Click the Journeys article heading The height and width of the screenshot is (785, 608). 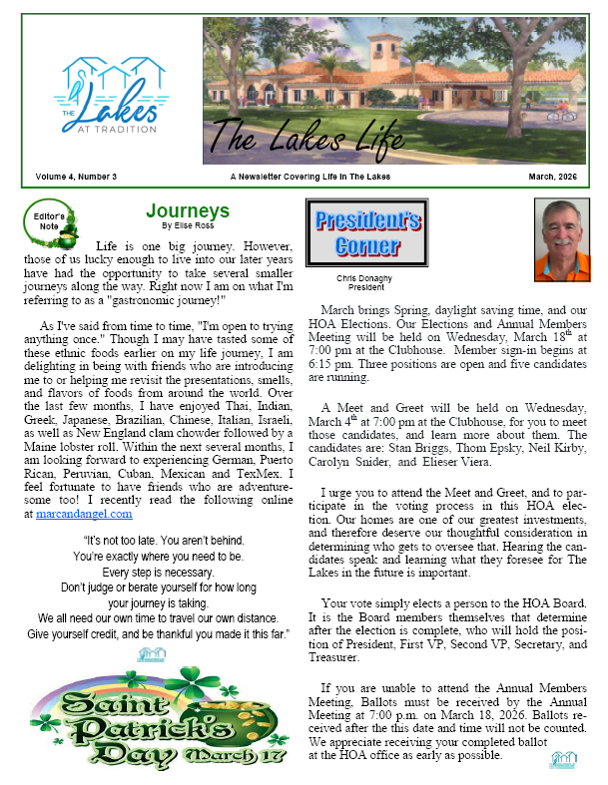(x=188, y=211)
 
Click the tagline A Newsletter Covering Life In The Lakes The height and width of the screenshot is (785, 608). (x=309, y=177)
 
